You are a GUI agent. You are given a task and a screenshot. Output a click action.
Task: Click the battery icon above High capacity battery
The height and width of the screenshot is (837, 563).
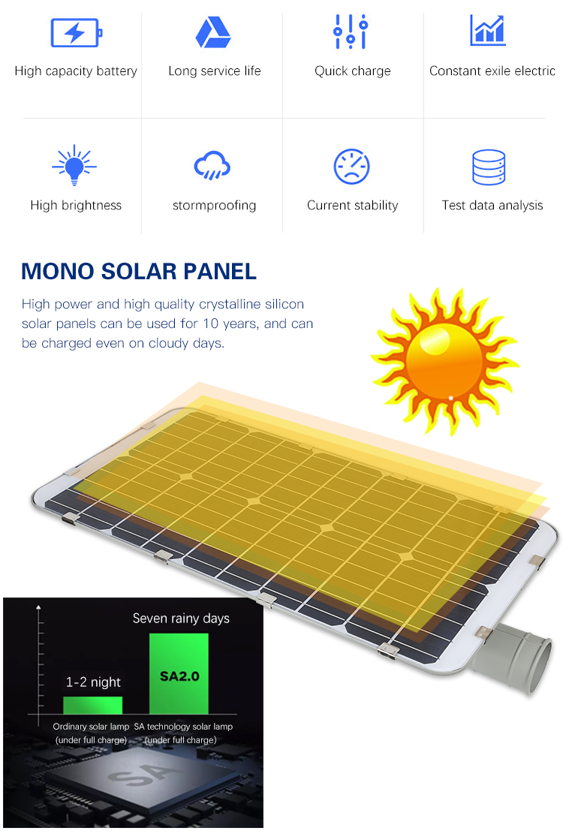pos(76,33)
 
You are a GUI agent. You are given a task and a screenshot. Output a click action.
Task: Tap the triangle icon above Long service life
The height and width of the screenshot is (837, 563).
pos(213,32)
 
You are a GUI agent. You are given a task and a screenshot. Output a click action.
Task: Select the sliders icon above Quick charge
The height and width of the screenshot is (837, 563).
pos(351,32)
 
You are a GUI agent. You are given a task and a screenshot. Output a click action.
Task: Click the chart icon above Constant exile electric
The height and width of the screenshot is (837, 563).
pos(488,31)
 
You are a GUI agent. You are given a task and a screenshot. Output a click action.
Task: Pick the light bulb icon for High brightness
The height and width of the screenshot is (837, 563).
pos(74,165)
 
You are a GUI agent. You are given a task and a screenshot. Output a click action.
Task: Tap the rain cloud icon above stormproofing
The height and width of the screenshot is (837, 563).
pos(212,165)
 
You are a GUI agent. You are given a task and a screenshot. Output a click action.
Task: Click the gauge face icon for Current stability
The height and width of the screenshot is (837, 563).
pos(351,167)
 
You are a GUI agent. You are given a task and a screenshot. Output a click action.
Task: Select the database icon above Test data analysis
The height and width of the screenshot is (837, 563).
pos(489,167)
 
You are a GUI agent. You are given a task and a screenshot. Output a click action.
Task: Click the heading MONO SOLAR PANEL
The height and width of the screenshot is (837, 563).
pos(139,271)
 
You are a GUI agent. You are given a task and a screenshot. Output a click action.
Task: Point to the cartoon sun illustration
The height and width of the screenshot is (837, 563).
pos(444,361)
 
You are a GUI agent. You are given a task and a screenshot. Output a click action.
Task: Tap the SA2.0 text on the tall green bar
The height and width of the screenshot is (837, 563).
pos(179,676)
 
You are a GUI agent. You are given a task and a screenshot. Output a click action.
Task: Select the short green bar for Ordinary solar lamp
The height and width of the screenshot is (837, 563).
pos(93,705)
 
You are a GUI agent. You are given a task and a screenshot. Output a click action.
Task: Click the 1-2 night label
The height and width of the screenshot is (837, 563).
pos(93,682)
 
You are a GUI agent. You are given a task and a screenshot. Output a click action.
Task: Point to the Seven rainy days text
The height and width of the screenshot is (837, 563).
pos(181,618)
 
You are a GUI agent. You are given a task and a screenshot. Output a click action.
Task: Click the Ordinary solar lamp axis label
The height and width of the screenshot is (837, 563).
pos(92,727)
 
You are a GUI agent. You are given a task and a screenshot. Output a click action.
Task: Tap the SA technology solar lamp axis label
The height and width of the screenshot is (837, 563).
pos(183,727)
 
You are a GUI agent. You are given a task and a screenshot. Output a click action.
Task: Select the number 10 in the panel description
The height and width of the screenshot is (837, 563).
pos(211,324)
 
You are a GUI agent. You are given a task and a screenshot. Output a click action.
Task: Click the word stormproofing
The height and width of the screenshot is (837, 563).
pos(214,206)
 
